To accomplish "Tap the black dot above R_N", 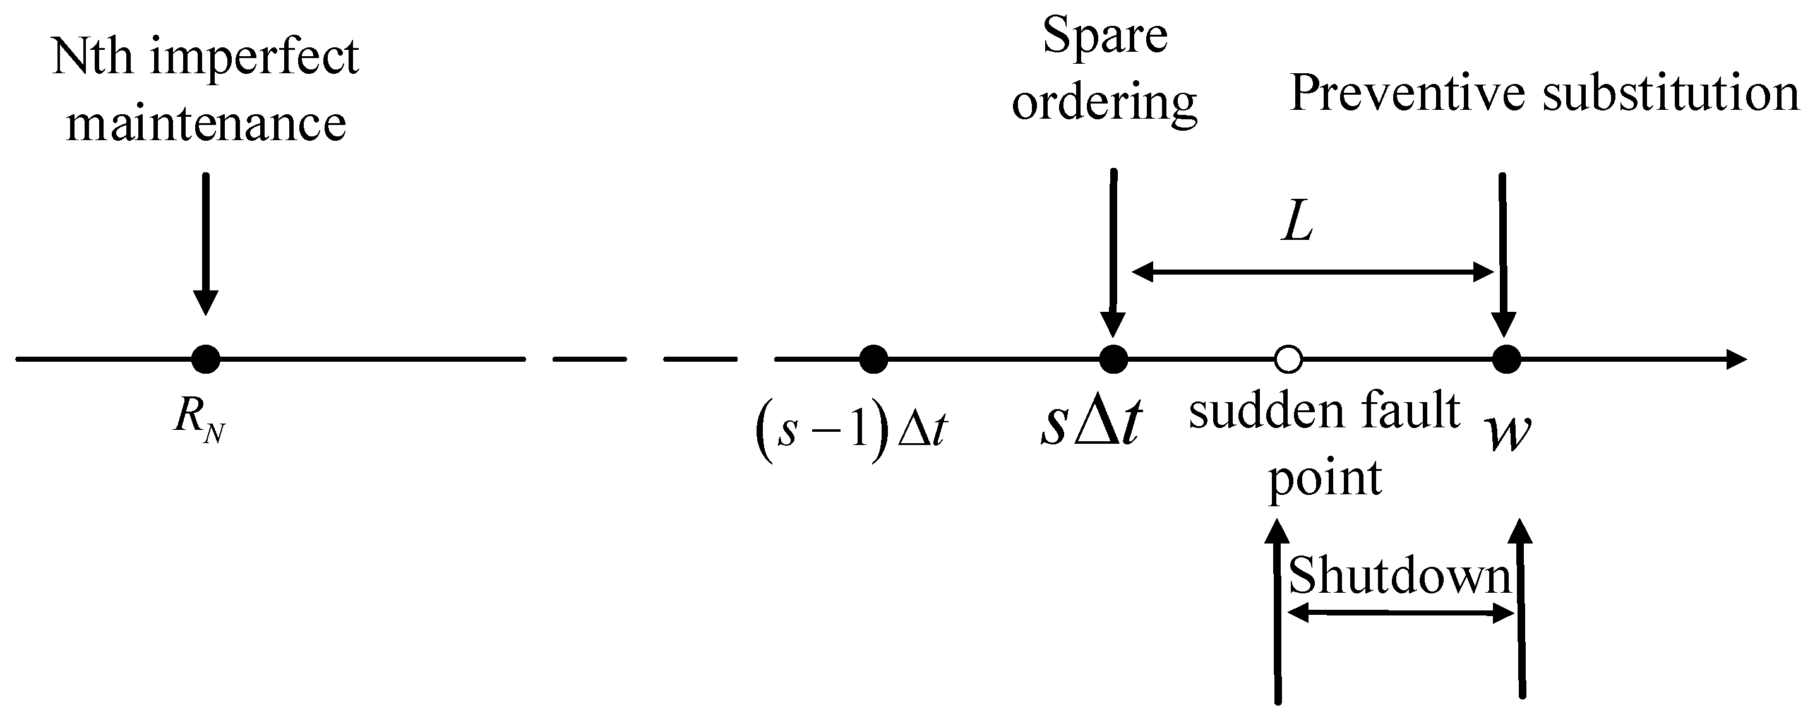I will coord(206,359).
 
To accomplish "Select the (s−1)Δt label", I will coord(851,431).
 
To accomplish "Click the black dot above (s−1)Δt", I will coord(873,359).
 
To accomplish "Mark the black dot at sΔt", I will coord(1113,359).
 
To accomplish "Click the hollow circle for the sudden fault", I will coord(1288,359).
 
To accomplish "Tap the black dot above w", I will coord(1506,359).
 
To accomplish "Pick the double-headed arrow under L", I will coord(1312,272).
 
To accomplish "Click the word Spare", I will coord(1104,37).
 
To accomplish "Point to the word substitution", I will coord(1671,93).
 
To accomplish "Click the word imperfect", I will coord(255,57).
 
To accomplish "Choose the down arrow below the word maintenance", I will coord(206,243).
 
